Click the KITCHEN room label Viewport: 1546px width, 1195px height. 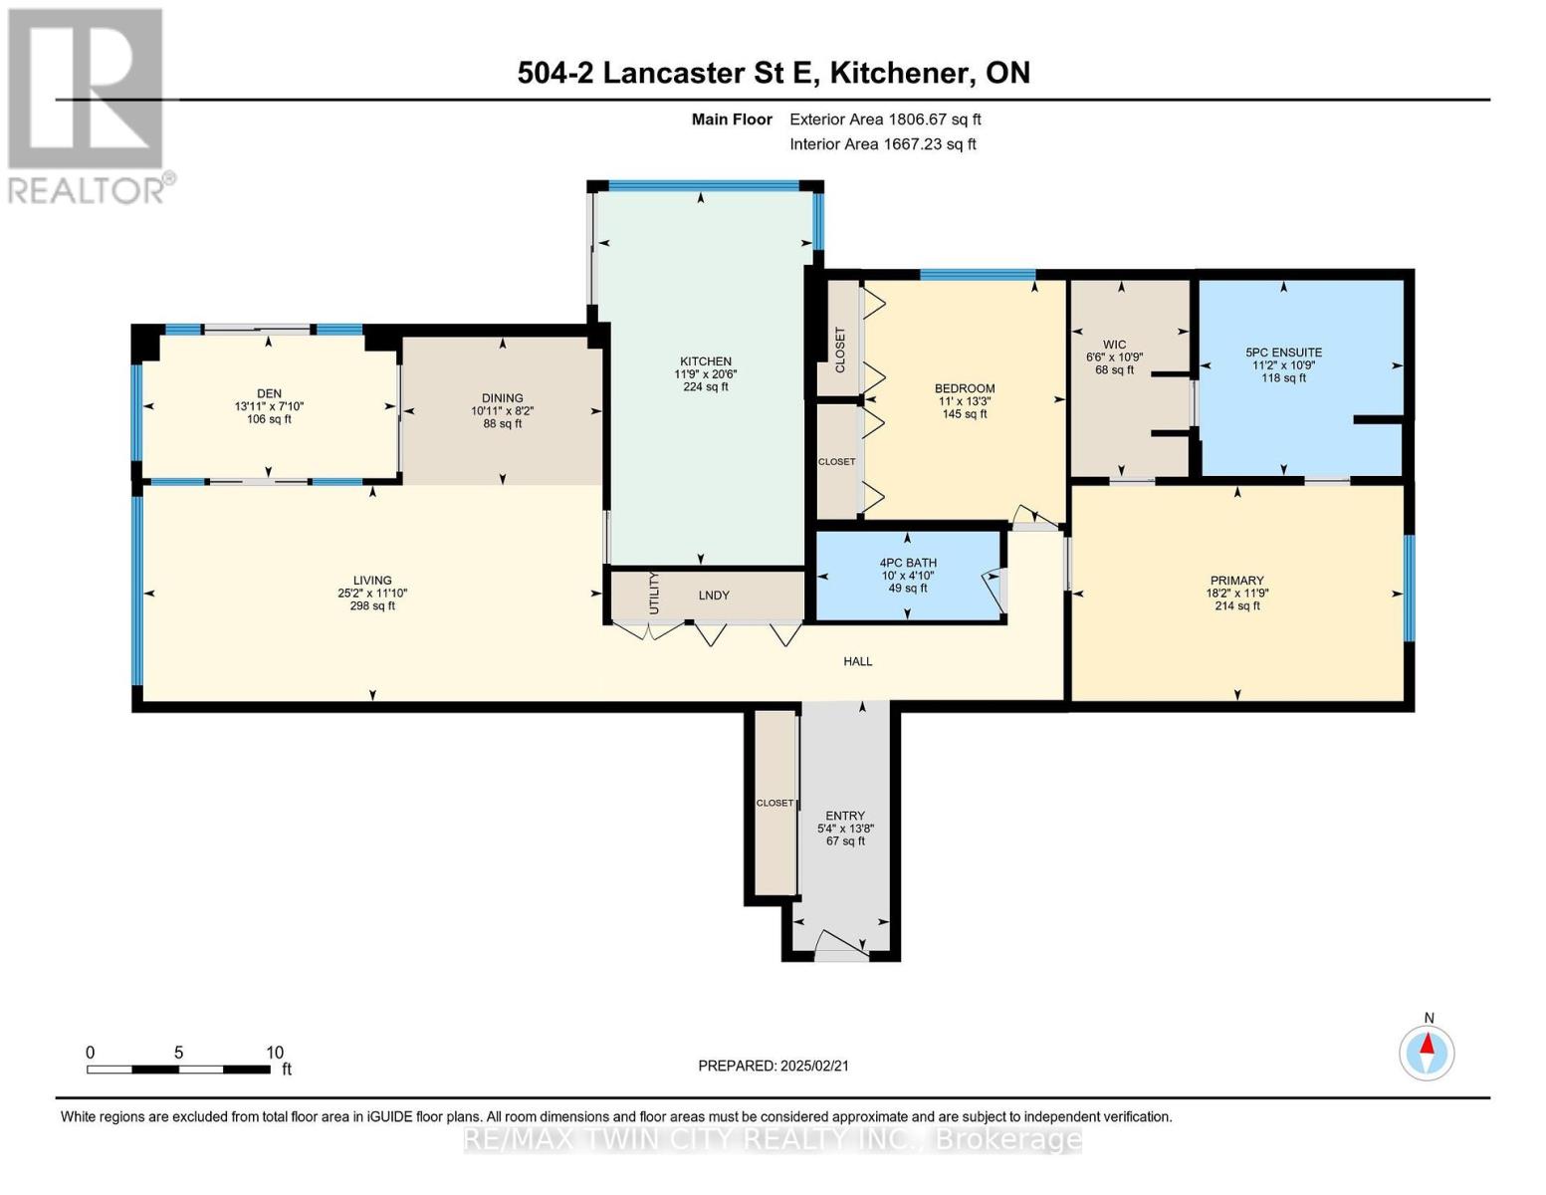tap(705, 360)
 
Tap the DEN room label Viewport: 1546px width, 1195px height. tap(269, 393)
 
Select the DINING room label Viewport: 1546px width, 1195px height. tap(503, 398)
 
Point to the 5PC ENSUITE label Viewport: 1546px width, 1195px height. tap(1283, 353)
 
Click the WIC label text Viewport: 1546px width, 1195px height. tap(1114, 345)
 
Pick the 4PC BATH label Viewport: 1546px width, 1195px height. tap(908, 563)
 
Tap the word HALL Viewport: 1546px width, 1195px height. tap(857, 661)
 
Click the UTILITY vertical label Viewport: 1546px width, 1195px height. tap(654, 593)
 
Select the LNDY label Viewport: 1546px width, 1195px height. tap(714, 595)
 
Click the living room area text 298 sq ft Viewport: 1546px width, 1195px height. tap(372, 605)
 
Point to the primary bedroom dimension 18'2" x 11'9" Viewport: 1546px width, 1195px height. tap(1237, 593)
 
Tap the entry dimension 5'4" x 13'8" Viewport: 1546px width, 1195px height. tap(845, 829)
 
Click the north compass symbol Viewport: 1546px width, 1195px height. tap(1427, 1053)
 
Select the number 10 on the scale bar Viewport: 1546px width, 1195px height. tap(275, 1052)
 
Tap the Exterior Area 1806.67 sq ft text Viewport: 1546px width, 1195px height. tap(885, 119)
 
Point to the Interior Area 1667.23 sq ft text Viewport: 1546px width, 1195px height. tap(882, 143)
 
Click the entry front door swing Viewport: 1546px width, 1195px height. tap(841, 942)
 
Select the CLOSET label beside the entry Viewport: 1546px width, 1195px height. tap(774, 803)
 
